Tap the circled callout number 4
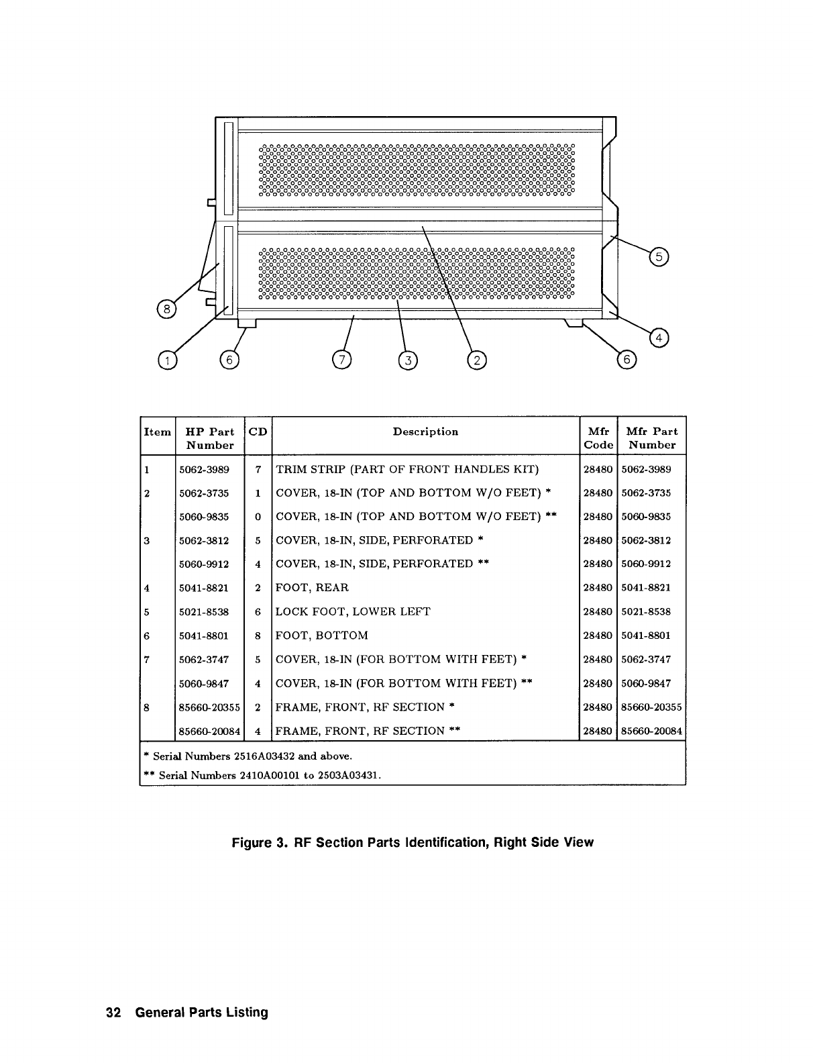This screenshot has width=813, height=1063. tap(659, 338)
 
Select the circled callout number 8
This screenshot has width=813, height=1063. tap(164, 309)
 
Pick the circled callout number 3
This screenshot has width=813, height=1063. tap(407, 360)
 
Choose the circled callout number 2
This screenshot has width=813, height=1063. tap(477, 360)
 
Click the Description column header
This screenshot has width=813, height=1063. tap(425, 432)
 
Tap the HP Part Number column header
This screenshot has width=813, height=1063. tap(210, 438)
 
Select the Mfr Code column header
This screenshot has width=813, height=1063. tap(598, 438)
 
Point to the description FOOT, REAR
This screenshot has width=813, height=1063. tap(313, 588)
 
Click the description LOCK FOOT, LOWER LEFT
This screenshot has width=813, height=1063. tap(354, 611)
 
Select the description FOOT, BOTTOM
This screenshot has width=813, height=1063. tap(322, 636)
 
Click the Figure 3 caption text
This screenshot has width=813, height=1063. tap(413, 842)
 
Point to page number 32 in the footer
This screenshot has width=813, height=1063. tap(113, 1013)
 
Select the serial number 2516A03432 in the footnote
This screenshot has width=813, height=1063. tap(264, 756)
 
